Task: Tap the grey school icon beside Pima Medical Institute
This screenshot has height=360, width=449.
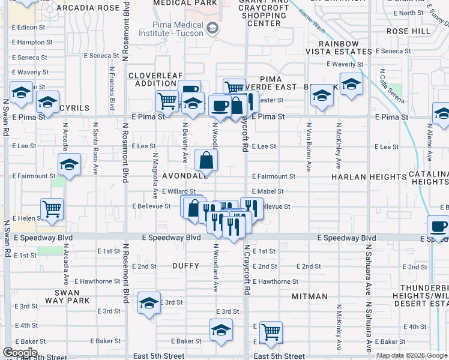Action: [x=212, y=28]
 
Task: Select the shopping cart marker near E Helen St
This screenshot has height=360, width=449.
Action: [x=53, y=210]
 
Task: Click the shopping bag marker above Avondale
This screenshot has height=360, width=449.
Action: [x=206, y=160]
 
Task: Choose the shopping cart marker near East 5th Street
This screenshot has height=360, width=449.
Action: [x=271, y=332]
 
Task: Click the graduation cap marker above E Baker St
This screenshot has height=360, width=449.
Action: [x=221, y=330]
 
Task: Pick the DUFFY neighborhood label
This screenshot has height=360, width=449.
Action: [x=185, y=265]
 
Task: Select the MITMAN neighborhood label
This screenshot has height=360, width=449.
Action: [x=310, y=296]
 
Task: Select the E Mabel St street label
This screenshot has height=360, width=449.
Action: [x=268, y=191]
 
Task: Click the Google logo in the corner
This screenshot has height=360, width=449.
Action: [x=20, y=353]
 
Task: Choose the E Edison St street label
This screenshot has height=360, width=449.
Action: [x=29, y=28]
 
